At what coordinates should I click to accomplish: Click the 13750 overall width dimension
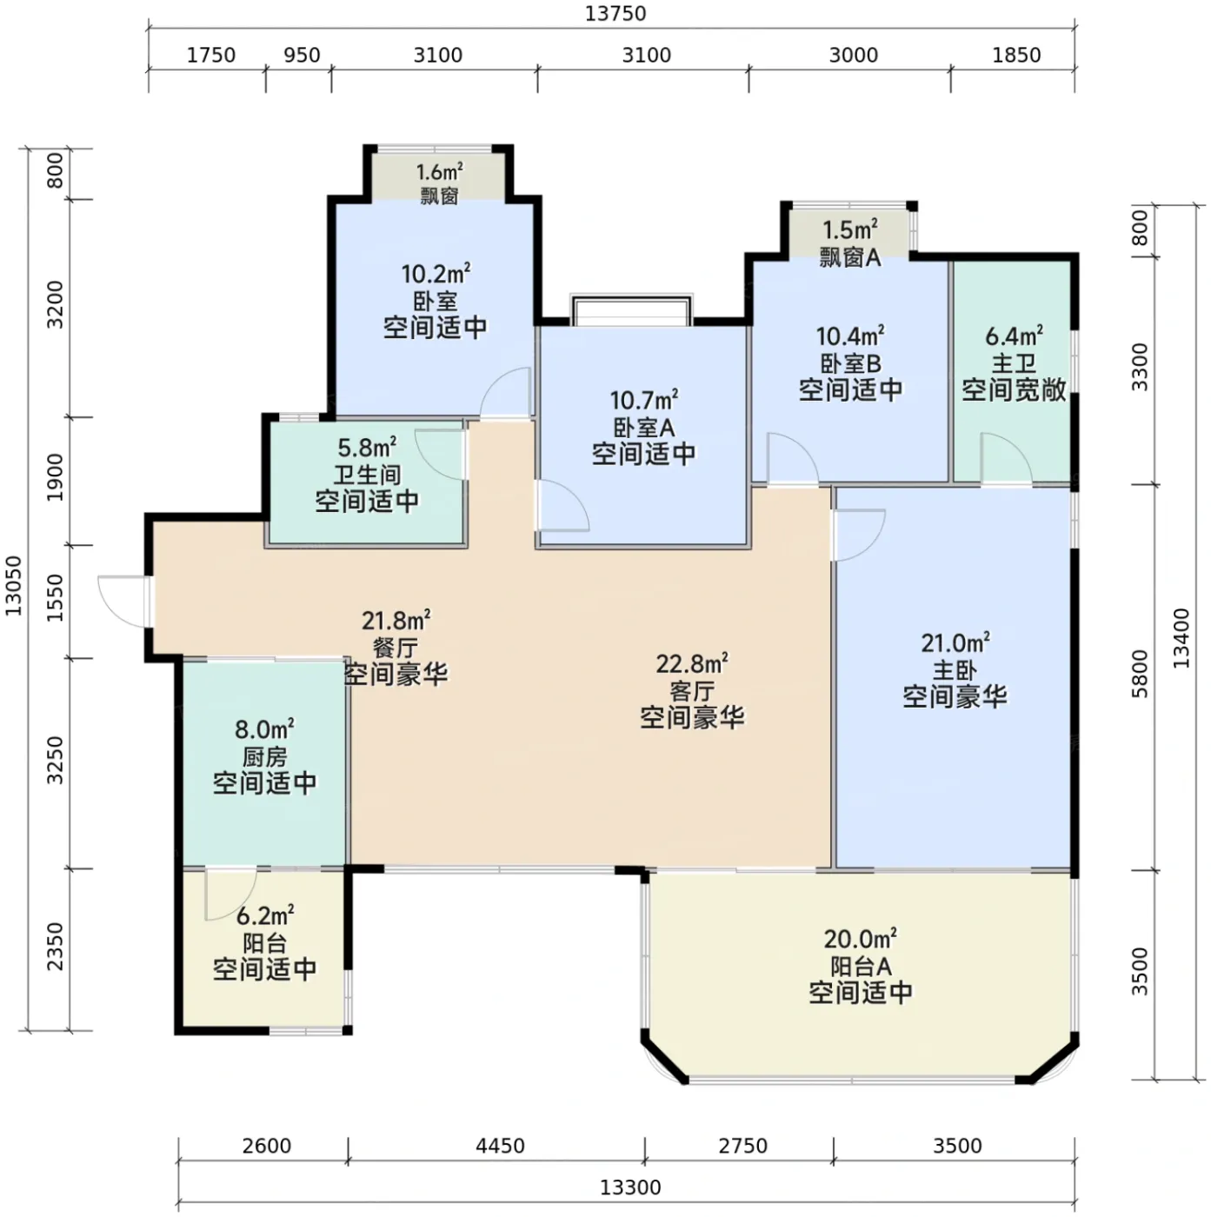click(615, 14)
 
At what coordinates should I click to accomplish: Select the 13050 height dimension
click(14, 585)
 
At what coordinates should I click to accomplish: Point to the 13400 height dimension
click(1180, 638)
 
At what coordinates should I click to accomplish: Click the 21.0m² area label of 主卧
click(955, 643)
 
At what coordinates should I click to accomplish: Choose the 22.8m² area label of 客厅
click(692, 664)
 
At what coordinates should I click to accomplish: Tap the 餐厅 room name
click(396, 648)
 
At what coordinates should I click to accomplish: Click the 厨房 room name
click(264, 756)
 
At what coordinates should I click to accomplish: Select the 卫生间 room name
click(367, 475)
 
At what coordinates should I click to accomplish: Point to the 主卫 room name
click(1014, 363)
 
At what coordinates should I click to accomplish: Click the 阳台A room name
click(861, 967)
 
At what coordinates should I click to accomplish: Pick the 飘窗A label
click(849, 257)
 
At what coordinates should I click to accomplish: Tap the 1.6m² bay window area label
click(440, 172)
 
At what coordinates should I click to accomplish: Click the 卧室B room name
click(850, 363)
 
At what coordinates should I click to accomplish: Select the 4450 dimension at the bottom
click(500, 1145)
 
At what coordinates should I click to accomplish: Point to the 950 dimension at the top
click(302, 55)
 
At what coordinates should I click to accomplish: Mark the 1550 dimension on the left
click(57, 597)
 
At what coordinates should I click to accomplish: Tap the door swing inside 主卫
click(1006, 458)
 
